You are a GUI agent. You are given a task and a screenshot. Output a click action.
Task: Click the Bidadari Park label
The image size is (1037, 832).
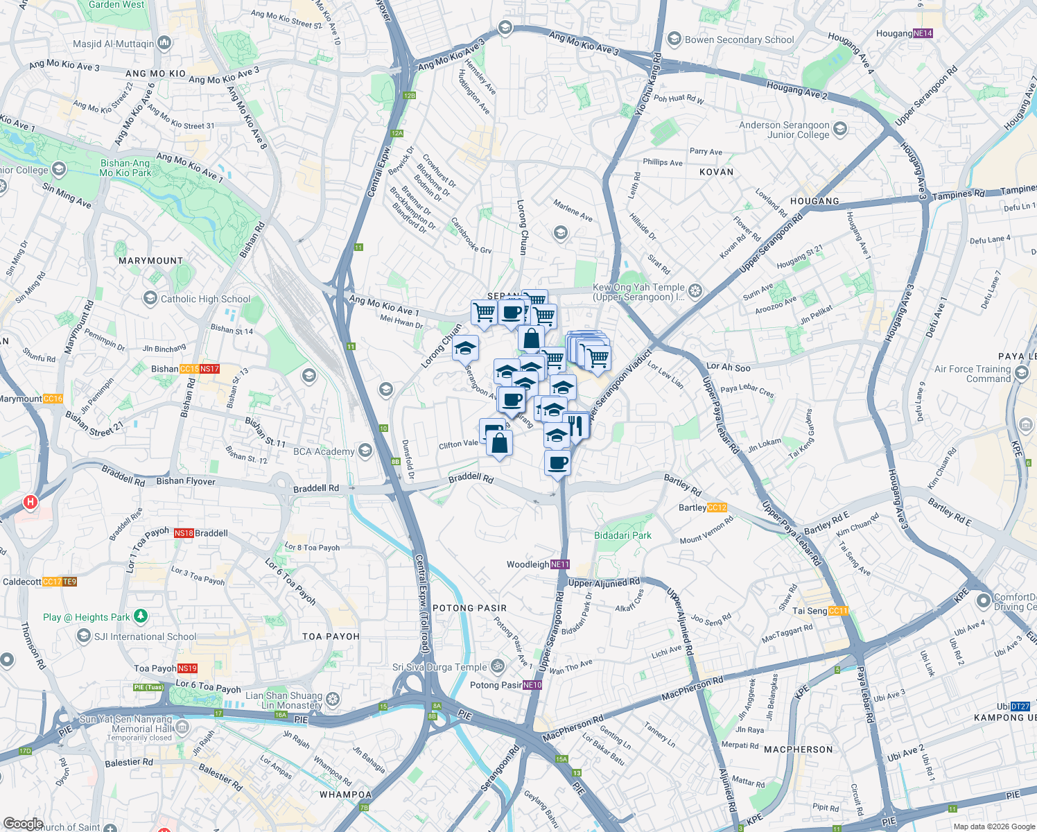[x=622, y=535]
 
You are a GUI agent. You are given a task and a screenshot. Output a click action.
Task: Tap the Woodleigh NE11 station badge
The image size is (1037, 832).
[x=560, y=564]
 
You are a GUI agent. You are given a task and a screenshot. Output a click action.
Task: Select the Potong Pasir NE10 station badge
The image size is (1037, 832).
[x=532, y=685]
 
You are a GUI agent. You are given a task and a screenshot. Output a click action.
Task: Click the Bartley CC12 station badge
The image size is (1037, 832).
[x=717, y=508]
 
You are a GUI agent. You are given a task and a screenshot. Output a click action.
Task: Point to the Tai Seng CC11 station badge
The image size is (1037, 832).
[x=839, y=611]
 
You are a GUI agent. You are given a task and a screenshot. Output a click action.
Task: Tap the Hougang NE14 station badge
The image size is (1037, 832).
[x=923, y=33]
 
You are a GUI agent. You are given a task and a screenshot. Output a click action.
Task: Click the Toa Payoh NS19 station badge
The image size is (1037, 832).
[x=188, y=668]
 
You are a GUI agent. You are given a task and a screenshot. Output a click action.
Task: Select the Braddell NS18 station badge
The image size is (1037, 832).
[x=184, y=533]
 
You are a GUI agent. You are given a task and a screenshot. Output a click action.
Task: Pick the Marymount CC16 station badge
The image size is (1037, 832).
[x=53, y=399]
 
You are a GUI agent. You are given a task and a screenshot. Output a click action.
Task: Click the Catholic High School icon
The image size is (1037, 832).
[x=150, y=299]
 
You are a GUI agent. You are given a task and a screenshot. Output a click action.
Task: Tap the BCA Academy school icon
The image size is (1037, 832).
[x=365, y=451]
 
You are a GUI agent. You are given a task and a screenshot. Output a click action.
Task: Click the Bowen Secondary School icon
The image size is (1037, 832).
[x=674, y=40]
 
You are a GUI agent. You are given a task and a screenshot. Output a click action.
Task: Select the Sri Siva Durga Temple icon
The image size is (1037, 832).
[x=498, y=667]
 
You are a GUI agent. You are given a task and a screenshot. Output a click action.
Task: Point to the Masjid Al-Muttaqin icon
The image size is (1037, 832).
[x=164, y=44]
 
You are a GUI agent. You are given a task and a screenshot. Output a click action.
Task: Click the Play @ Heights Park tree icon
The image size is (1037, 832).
[x=141, y=616]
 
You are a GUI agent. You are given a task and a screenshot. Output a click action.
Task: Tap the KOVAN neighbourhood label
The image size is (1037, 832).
[x=716, y=172]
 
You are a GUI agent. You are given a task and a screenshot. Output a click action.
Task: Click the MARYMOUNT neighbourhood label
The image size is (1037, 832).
[x=150, y=261]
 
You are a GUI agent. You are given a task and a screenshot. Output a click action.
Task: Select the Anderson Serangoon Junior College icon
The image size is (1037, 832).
[x=840, y=129]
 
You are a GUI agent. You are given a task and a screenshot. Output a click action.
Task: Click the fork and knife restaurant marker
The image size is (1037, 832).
[x=575, y=424]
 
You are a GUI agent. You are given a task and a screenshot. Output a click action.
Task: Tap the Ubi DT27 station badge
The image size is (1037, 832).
[x=1020, y=707]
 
